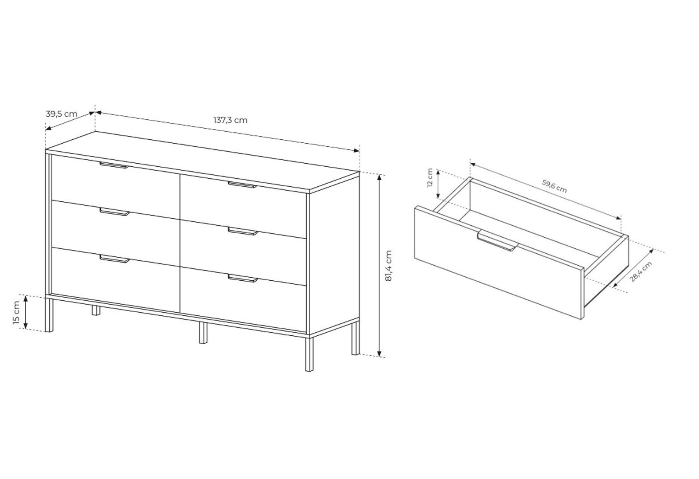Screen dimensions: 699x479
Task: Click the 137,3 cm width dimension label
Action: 230,120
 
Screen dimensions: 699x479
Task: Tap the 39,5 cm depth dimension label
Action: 61,114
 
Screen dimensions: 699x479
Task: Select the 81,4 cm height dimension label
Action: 389,266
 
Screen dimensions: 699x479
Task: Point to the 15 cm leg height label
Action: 16,313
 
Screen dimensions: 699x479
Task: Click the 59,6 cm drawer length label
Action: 554,186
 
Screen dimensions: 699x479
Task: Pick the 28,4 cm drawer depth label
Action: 641,272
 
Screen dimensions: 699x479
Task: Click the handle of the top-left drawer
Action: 114,165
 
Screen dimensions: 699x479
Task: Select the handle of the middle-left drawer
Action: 114,212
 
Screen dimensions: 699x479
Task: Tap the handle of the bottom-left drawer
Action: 114,259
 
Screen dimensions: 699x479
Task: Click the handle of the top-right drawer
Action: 242,185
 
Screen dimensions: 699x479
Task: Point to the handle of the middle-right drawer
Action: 243,232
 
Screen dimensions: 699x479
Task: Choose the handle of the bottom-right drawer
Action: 243,279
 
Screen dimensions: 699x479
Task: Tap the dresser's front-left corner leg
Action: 49,314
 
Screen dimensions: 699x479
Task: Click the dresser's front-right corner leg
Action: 309,353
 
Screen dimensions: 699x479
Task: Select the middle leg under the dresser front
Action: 203,333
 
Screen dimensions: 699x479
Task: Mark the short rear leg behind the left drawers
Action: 96,310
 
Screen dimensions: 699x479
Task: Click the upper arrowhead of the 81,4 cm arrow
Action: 379,177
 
